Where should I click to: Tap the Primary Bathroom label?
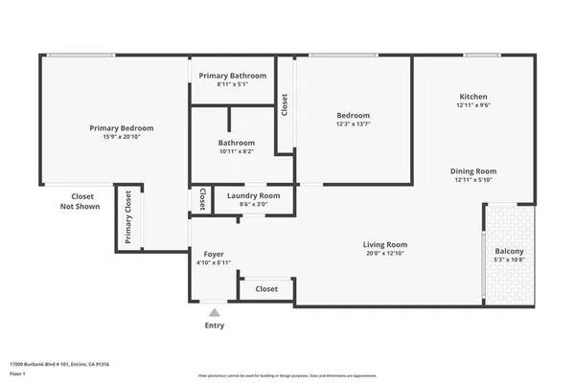[232, 75]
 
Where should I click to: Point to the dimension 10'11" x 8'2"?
[236, 151]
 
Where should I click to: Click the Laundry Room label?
[253, 195]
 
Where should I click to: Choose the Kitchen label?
[473, 97]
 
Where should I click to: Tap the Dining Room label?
[473, 170]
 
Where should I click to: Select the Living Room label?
[385, 244]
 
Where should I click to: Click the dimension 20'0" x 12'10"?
[385, 254]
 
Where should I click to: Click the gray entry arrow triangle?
[215, 311]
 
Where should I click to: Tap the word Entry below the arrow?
[215, 326]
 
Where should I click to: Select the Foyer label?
[214, 254]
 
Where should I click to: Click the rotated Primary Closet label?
[127, 218]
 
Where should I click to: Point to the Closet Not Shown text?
[80, 200]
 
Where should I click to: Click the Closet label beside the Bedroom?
[285, 104]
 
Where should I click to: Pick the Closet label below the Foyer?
[266, 288]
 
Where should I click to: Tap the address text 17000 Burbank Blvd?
[59, 364]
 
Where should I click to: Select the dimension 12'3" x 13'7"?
[353, 124]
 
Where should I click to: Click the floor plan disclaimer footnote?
[287, 376]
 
